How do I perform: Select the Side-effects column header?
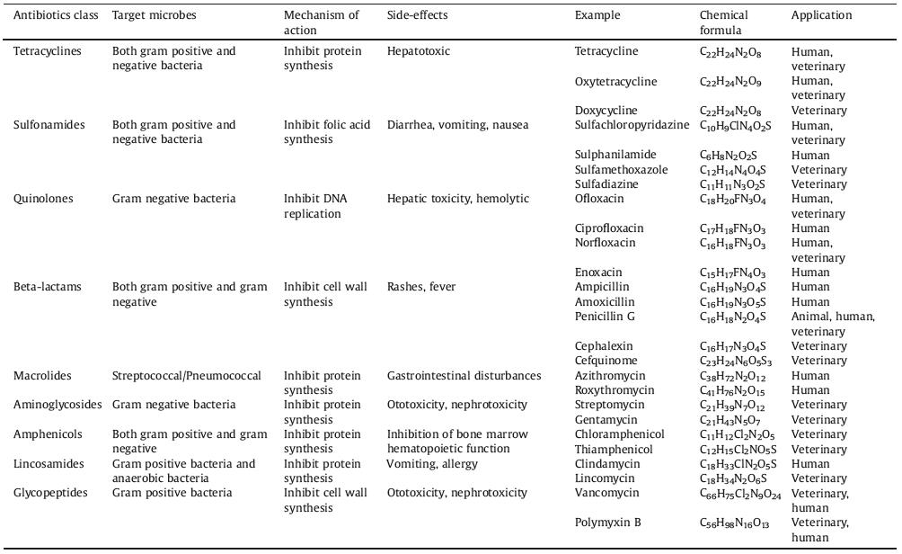[x=417, y=16]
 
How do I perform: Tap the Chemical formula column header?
[x=724, y=22]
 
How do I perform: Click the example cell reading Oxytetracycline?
[x=615, y=82]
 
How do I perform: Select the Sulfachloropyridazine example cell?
[x=632, y=125]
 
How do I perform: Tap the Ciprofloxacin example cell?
[x=609, y=228]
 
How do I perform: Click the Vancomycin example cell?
[x=606, y=493]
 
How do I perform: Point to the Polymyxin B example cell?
[x=608, y=523]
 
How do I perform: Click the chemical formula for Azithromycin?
[x=732, y=376]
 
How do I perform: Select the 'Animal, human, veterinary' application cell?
[x=833, y=324]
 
